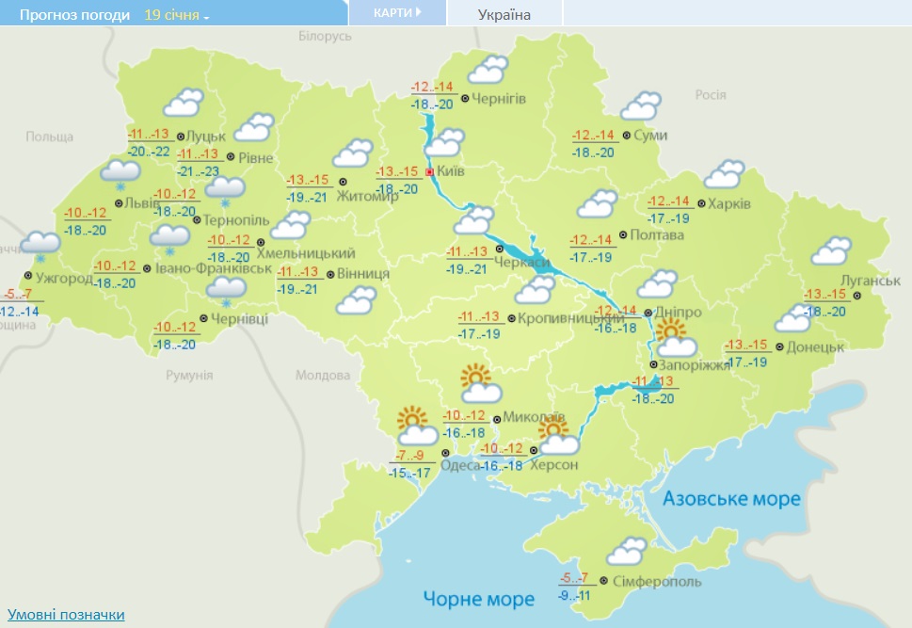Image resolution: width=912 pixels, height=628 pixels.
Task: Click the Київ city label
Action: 452,172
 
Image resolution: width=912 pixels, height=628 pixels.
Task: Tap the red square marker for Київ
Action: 430,172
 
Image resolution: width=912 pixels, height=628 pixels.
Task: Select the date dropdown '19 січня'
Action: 177,15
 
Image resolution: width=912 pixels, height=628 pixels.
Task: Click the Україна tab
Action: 504,14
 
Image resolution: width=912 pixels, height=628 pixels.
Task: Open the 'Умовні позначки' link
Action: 66,614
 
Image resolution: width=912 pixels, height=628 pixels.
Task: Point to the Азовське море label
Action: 732,498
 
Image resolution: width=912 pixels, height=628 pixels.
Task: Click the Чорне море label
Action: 478,598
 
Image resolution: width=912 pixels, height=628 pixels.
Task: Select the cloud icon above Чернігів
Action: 488,69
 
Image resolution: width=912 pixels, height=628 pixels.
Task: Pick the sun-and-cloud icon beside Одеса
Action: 417,426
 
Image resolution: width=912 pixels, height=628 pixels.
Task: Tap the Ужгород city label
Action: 63,279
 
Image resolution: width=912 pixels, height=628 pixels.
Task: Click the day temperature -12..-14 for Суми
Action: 593,135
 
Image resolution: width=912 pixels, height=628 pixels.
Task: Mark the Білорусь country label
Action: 325,35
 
